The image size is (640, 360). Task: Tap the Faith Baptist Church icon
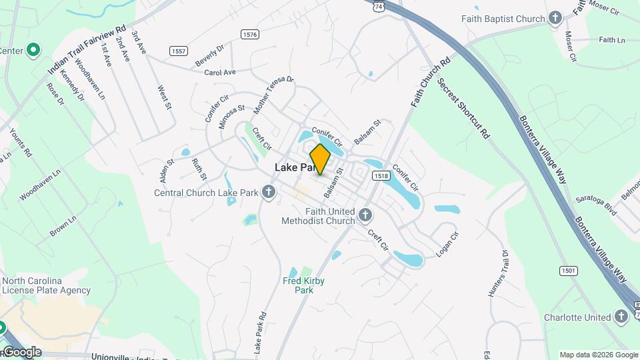point(555,19)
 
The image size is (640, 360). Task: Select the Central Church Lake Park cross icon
point(269,193)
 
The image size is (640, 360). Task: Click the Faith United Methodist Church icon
point(365,215)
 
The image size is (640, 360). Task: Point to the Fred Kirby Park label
point(303,285)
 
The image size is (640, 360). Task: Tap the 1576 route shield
point(251,34)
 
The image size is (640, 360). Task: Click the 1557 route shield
point(178,51)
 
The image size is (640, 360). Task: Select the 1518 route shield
point(381,176)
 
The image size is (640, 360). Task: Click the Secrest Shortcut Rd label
point(463,108)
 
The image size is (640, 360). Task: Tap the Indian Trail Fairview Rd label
point(87,50)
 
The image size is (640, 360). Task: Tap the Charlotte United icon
point(621,317)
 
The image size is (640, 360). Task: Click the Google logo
point(21,352)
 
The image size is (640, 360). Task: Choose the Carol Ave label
point(220,72)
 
